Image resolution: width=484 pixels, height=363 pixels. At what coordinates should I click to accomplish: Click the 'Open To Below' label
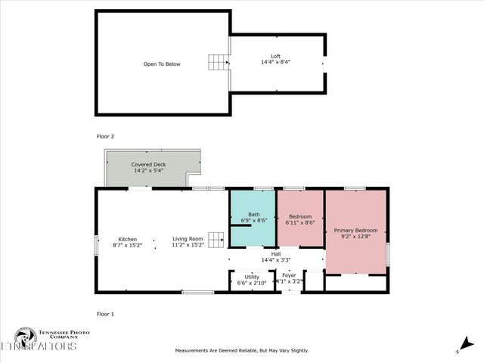[162, 64]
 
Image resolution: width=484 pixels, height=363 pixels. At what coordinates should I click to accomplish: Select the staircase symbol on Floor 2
[218, 63]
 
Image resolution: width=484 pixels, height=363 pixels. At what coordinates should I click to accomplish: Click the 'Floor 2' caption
[105, 137]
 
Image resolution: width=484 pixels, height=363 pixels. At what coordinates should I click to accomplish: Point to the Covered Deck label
[148, 164]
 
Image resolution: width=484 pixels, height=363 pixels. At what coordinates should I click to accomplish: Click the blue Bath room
[252, 217]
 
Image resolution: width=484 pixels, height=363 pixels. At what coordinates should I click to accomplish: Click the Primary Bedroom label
[355, 230]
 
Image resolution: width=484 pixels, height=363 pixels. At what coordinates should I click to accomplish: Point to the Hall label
[276, 254]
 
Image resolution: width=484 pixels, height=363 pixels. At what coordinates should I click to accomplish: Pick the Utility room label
[252, 278]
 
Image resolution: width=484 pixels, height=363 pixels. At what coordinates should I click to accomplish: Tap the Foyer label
[290, 275]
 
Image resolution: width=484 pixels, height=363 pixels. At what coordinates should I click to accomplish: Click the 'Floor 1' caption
[105, 313]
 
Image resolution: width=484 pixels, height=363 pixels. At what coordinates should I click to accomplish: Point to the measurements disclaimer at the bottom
[242, 350]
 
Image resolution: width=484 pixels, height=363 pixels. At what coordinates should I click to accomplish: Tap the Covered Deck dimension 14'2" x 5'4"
[148, 171]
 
